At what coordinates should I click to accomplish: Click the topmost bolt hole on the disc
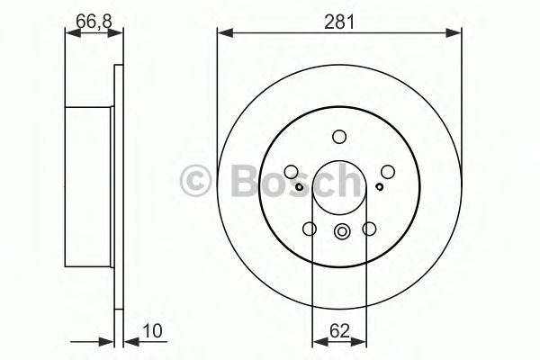point(339,137)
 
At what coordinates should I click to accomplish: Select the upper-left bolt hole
point(292,171)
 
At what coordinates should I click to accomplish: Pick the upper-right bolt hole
point(387,171)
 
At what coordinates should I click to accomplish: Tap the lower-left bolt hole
point(310,229)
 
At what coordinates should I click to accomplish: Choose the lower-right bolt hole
point(369,229)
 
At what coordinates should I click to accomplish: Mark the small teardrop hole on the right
point(380,186)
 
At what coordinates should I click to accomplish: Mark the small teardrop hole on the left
point(300,186)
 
